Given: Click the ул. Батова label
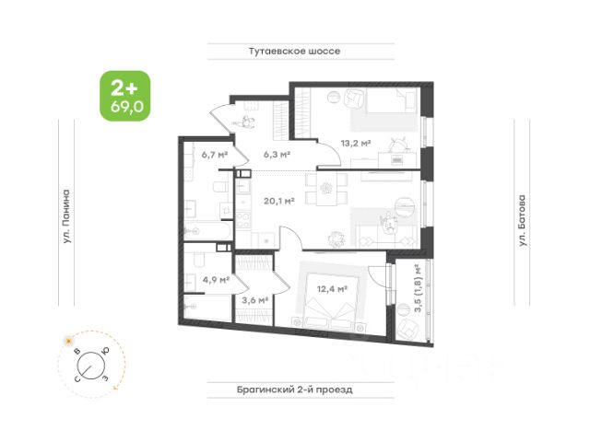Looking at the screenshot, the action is click(523, 220).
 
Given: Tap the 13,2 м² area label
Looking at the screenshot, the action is click(355, 143).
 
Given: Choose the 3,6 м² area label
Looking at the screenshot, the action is click(254, 299).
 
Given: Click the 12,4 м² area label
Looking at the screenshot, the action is click(329, 288).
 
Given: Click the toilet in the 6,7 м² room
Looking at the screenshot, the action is click(215, 189).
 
